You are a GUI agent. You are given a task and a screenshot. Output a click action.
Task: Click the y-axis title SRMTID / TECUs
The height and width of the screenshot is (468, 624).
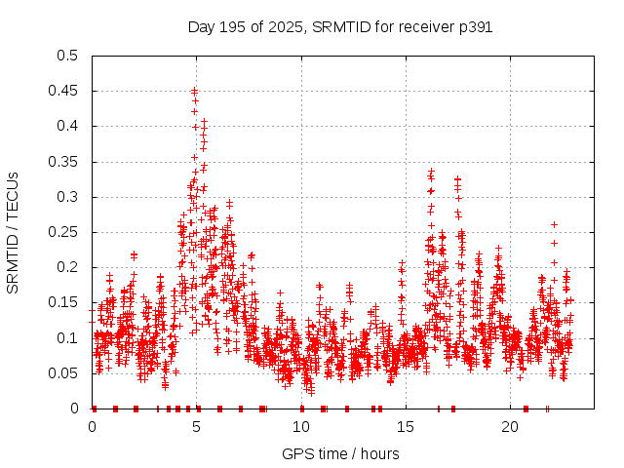pos(13,232)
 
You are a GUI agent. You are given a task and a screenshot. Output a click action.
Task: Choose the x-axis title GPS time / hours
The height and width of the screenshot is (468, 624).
pos(340,453)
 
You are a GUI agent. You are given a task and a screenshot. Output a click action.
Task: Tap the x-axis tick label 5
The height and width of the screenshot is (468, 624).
pos(197,427)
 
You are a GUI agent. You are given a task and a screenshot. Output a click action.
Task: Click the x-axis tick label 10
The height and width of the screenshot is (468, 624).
pos(301,427)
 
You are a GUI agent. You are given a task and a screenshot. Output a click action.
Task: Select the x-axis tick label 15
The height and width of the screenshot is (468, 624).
pos(406,427)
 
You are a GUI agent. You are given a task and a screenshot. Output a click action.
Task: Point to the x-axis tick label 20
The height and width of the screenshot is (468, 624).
pos(510,427)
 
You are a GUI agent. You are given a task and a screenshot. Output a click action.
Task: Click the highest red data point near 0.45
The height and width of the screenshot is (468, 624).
pos(195,91)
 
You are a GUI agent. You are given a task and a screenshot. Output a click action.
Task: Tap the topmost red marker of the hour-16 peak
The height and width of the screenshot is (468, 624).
pos(431,171)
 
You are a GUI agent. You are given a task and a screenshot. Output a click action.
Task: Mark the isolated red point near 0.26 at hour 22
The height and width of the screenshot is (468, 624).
pos(555,224)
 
